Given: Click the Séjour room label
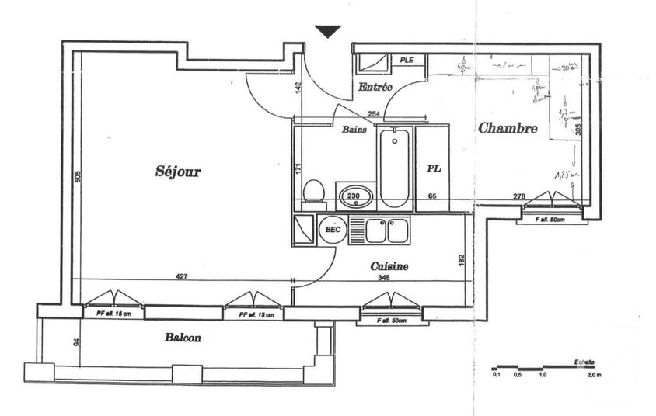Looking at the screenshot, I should click(178, 172).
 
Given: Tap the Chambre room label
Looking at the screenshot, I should click(508, 128).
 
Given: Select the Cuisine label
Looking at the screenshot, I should click(389, 265).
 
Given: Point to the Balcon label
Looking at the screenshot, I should click(183, 338).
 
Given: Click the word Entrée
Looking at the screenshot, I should click(375, 88).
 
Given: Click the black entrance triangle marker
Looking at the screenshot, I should click(329, 31).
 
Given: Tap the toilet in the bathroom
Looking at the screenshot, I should click(313, 189).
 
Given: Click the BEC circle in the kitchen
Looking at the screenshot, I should click(333, 230).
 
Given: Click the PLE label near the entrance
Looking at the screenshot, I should click(407, 60).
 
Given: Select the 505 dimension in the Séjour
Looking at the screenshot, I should click(78, 177).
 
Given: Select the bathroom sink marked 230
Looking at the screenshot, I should click(354, 196).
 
